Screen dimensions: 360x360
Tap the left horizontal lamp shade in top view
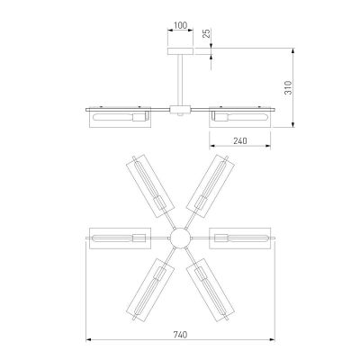120,238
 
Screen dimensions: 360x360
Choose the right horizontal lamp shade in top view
239,238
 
